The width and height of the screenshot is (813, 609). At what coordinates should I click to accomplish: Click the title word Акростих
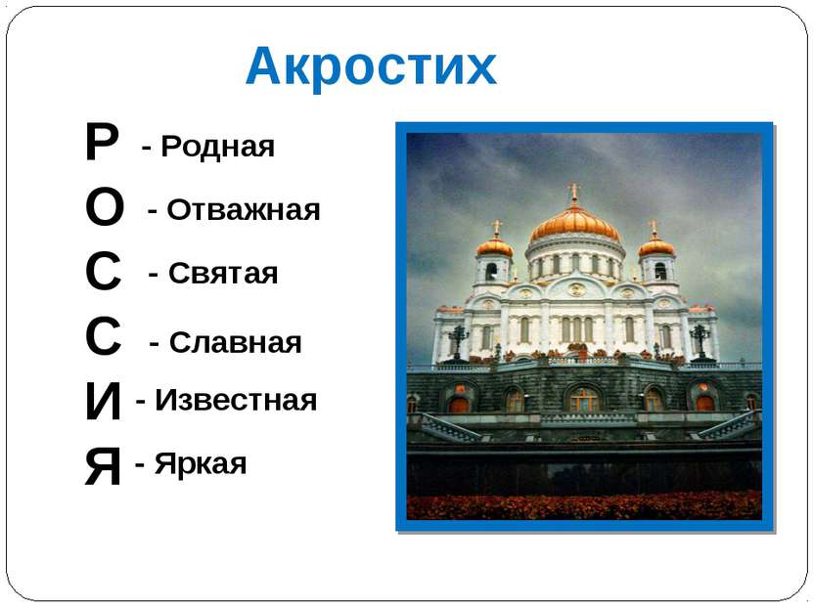(371, 65)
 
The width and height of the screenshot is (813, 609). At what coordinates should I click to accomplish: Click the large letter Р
(102, 142)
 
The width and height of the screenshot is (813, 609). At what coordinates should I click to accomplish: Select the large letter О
(105, 206)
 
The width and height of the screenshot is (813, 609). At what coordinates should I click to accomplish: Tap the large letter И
(103, 401)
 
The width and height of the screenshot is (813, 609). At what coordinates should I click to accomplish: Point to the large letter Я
(103, 466)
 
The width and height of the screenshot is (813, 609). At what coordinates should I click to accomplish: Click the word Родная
(218, 147)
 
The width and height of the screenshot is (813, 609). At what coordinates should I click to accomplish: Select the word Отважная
(244, 210)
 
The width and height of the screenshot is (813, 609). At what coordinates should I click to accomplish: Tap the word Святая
(223, 273)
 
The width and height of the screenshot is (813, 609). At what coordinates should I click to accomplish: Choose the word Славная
(236, 342)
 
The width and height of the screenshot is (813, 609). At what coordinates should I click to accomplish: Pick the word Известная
(236, 400)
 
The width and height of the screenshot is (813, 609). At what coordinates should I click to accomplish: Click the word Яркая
(201, 463)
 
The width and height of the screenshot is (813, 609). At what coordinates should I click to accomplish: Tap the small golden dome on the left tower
(495, 245)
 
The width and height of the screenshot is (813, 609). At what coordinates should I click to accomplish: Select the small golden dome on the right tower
(655, 245)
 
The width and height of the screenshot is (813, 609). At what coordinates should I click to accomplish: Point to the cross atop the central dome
(573, 193)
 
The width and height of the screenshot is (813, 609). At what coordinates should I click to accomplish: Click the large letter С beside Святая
(103, 271)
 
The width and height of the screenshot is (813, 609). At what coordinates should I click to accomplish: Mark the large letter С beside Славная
(103, 336)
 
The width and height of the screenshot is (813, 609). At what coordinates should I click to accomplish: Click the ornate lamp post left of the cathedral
(458, 342)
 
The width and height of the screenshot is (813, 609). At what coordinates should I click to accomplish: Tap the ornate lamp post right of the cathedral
(700, 342)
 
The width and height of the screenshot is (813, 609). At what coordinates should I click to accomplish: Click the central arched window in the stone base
(583, 400)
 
